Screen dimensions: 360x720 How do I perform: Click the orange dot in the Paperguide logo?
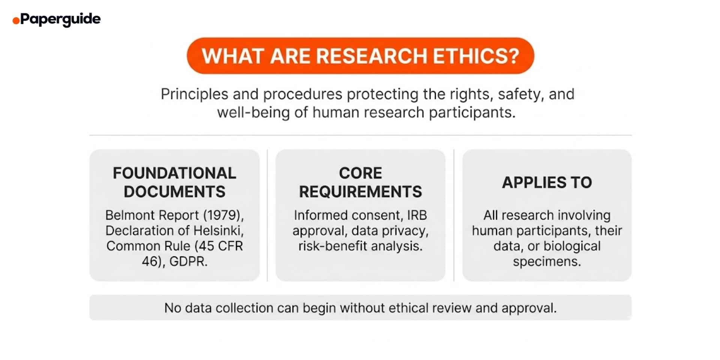pyautogui.click(x=16, y=21)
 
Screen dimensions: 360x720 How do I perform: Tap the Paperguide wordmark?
pyautogui.click(x=60, y=19)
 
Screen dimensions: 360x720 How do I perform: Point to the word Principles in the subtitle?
pyautogui.click(x=194, y=94)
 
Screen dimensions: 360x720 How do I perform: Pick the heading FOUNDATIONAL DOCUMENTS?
pyautogui.click(x=174, y=182)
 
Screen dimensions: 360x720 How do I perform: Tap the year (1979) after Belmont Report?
pyautogui.click(x=223, y=215)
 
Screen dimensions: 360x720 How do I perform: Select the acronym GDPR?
pyautogui.click(x=188, y=261)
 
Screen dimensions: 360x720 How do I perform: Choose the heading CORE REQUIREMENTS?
pyautogui.click(x=360, y=182)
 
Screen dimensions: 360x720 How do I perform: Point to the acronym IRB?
pyautogui.click(x=417, y=215)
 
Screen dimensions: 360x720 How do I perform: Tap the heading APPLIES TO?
pyautogui.click(x=547, y=183)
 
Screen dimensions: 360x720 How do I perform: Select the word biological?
pyautogui.click(x=572, y=246)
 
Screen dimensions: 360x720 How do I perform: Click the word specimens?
pyautogui.click(x=547, y=261)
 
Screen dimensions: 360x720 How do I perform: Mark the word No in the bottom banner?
pyautogui.click(x=172, y=308)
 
